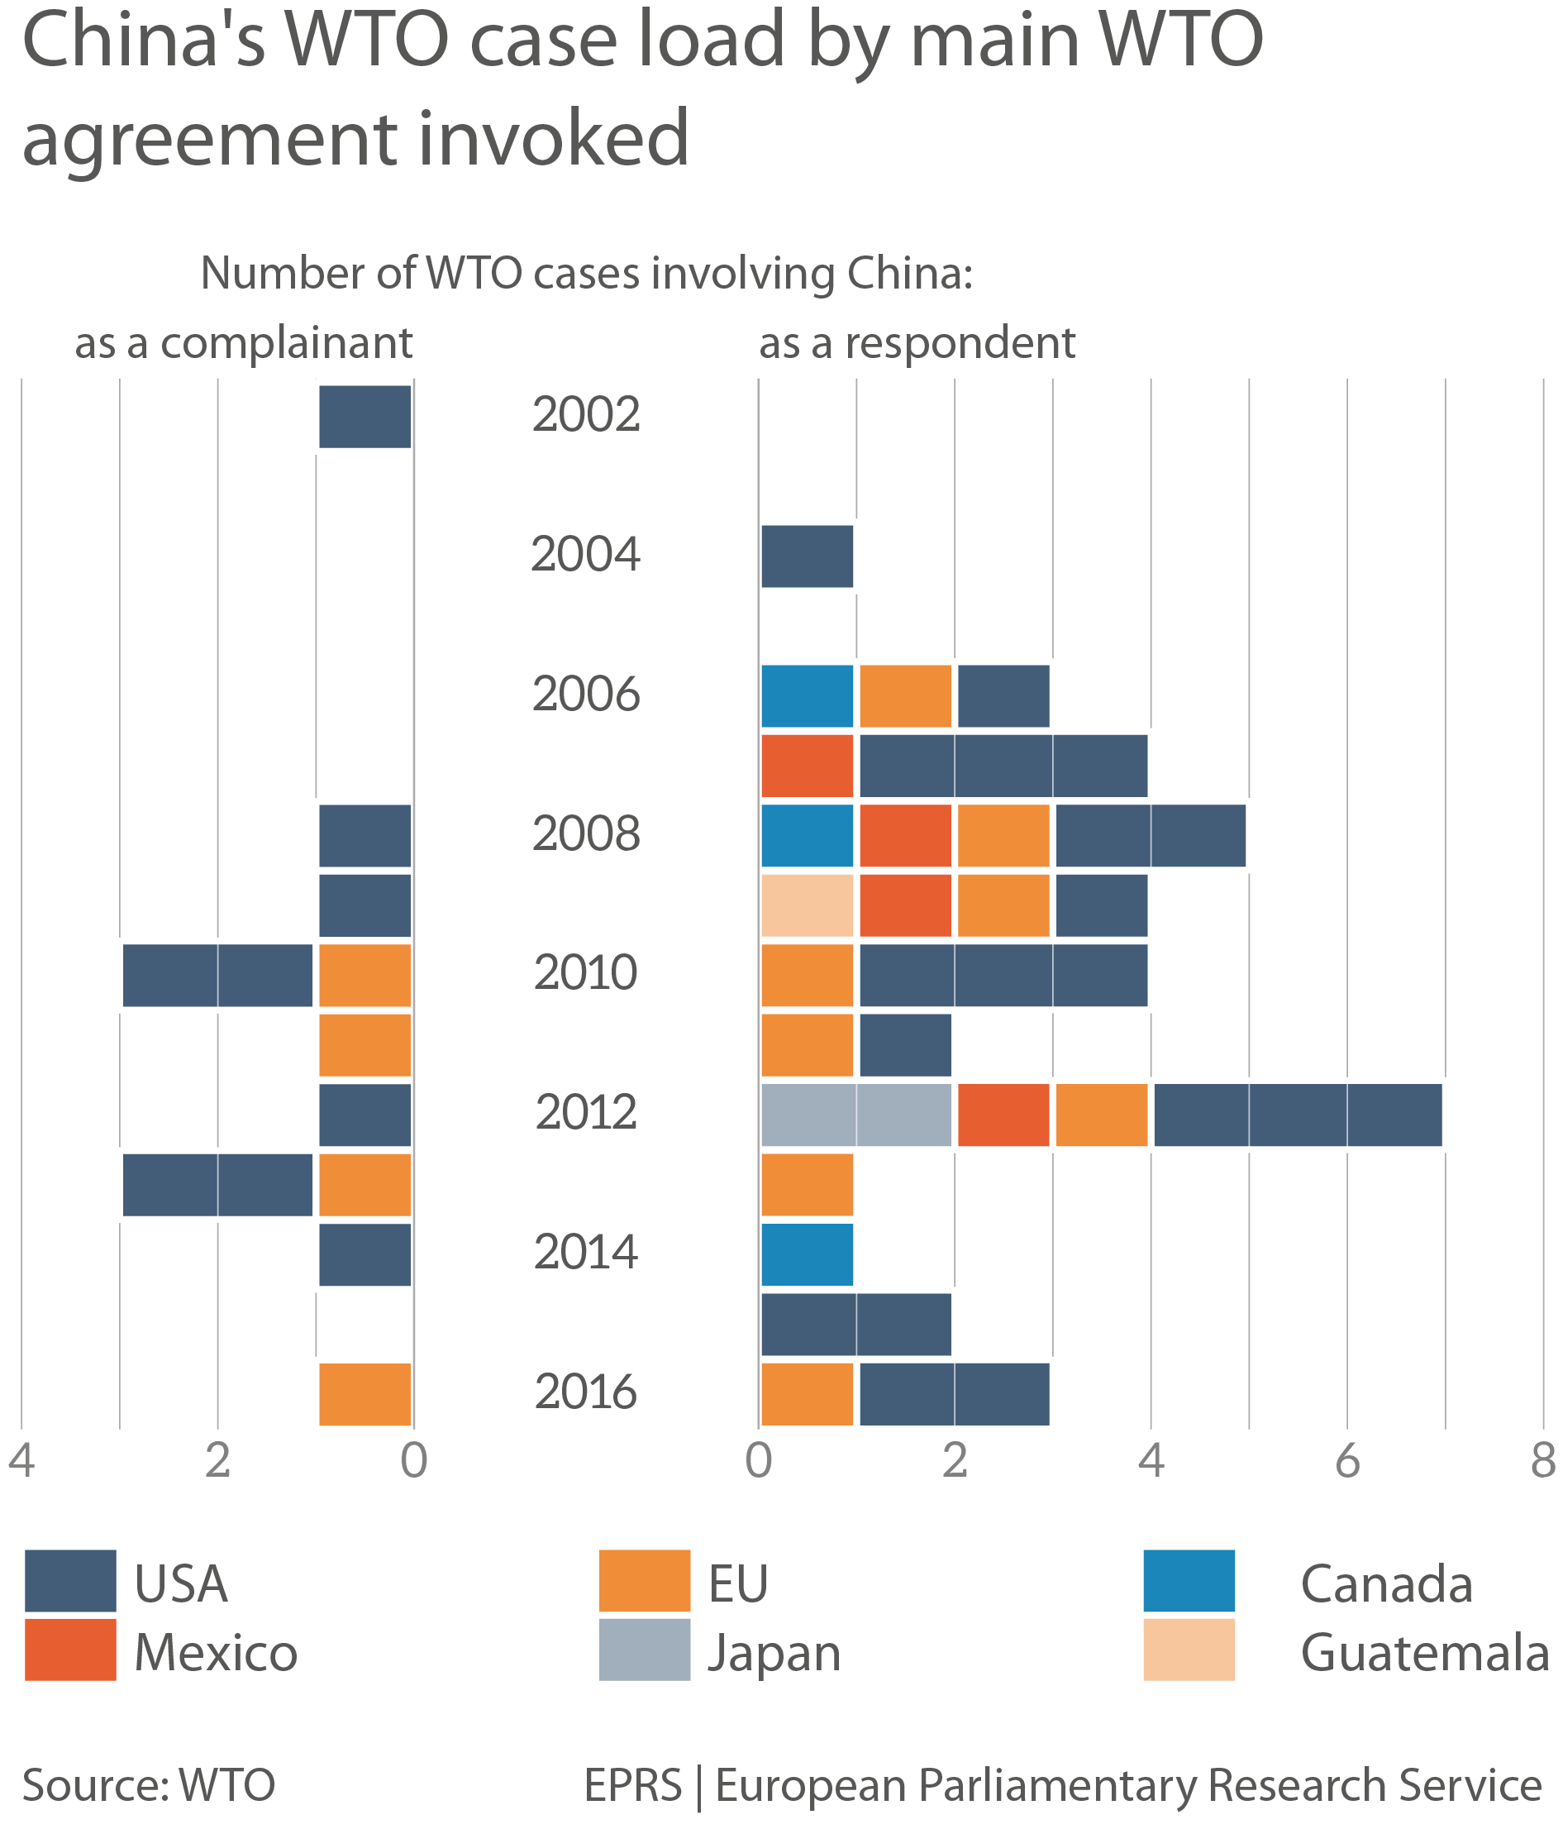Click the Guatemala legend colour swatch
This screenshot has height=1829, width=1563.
pyautogui.click(x=1188, y=1650)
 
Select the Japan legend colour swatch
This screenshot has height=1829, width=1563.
pyautogui.click(x=644, y=1650)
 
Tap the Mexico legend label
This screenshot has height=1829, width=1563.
pyautogui.click(x=216, y=1652)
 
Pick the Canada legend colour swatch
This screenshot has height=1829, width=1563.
pyautogui.click(x=1188, y=1581)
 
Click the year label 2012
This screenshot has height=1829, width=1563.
pyautogui.click(x=586, y=1113)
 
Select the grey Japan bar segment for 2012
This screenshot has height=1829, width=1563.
pyautogui.click(x=856, y=1115)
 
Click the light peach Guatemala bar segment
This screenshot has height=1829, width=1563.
pyautogui.click(x=807, y=905)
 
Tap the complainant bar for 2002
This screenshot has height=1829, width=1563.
pyautogui.click(x=365, y=417)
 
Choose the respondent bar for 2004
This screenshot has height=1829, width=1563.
pyautogui.click(x=807, y=556)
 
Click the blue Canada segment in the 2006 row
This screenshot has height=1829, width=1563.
pyautogui.click(x=807, y=696)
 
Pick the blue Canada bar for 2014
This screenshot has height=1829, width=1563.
pyautogui.click(x=807, y=1254)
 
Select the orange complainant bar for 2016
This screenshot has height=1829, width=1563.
pyautogui.click(x=365, y=1395)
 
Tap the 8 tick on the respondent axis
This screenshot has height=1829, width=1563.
pyautogui.click(x=1542, y=1461)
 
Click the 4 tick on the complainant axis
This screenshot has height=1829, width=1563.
pyautogui.click(x=21, y=1461)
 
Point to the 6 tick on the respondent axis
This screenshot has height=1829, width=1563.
pyautogui.click(x=1346, y=1461)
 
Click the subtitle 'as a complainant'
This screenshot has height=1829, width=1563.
pyautogui.click(x=244, y=343)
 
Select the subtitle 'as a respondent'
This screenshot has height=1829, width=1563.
pyautogui.click(x=917, y=343)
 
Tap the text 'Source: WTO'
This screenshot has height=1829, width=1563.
pyautogui.click(x=148, y=1785)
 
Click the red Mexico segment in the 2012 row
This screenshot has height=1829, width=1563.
pyautogui.click(x=1003, y=1115)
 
